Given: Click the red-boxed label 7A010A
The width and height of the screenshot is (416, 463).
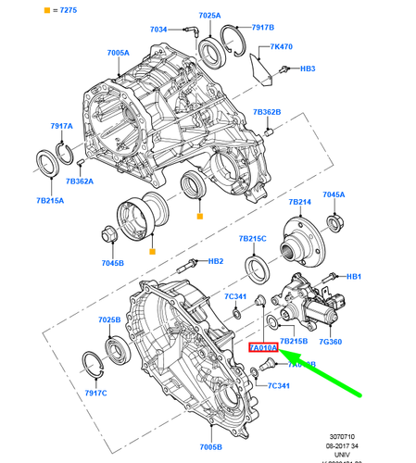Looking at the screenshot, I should click(x=263, y=348).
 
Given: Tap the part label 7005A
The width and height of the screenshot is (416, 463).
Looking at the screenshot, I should click(x=118, y=54).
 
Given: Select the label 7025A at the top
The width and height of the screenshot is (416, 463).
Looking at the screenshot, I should click(x=209, y=17).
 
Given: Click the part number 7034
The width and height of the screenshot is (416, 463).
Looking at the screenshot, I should click(x=159, y=30).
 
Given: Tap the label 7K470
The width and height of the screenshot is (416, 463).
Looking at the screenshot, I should click(x=282, y=47).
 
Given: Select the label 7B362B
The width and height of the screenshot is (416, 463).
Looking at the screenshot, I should click(x=266, y=113).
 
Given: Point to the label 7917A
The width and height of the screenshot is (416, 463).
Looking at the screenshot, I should click(x=62, y=126).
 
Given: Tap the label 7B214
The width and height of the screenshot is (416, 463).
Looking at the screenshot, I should click(x=299, y=201).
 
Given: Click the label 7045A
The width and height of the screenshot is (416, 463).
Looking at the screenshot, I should click(x=333, y=194).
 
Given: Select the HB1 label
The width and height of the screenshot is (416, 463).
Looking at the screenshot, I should click(x=352, y=277).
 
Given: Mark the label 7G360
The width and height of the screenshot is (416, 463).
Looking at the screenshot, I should click(x=330, y=342).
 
